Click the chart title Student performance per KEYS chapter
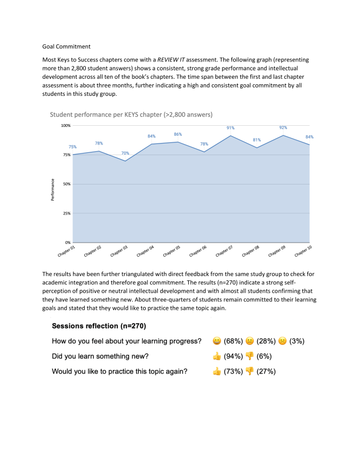[x=131, y=114]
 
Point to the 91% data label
[x=230, y=128]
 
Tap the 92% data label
[x=282, y=127]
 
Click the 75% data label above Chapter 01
[x=73, y=147]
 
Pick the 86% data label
[x=178, y=135]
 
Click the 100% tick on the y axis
[x=66, y=126]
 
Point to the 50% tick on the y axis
[x=67, y=184]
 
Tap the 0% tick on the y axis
[x=68, y=243]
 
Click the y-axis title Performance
[x=53, y=189]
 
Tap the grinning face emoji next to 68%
[x=217, y=341]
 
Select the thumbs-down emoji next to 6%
[x=248, y=356]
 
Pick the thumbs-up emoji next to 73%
[x=217, y=371]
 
